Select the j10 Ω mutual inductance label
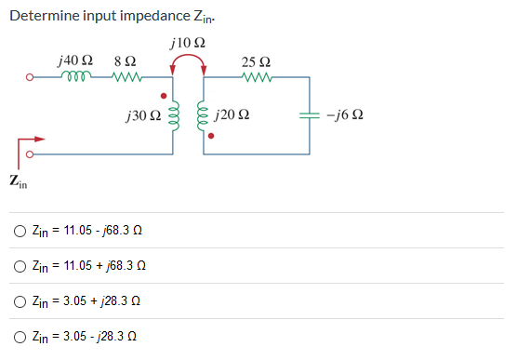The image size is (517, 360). tap(189, 44)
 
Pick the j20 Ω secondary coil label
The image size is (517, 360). tap(232, 117)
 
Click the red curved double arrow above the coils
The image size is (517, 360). tap(189, 63)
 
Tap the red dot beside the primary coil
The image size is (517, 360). tap(166, 95)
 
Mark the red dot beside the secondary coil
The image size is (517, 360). tap(211, 137)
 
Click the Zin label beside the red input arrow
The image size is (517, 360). tap(17, 181)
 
